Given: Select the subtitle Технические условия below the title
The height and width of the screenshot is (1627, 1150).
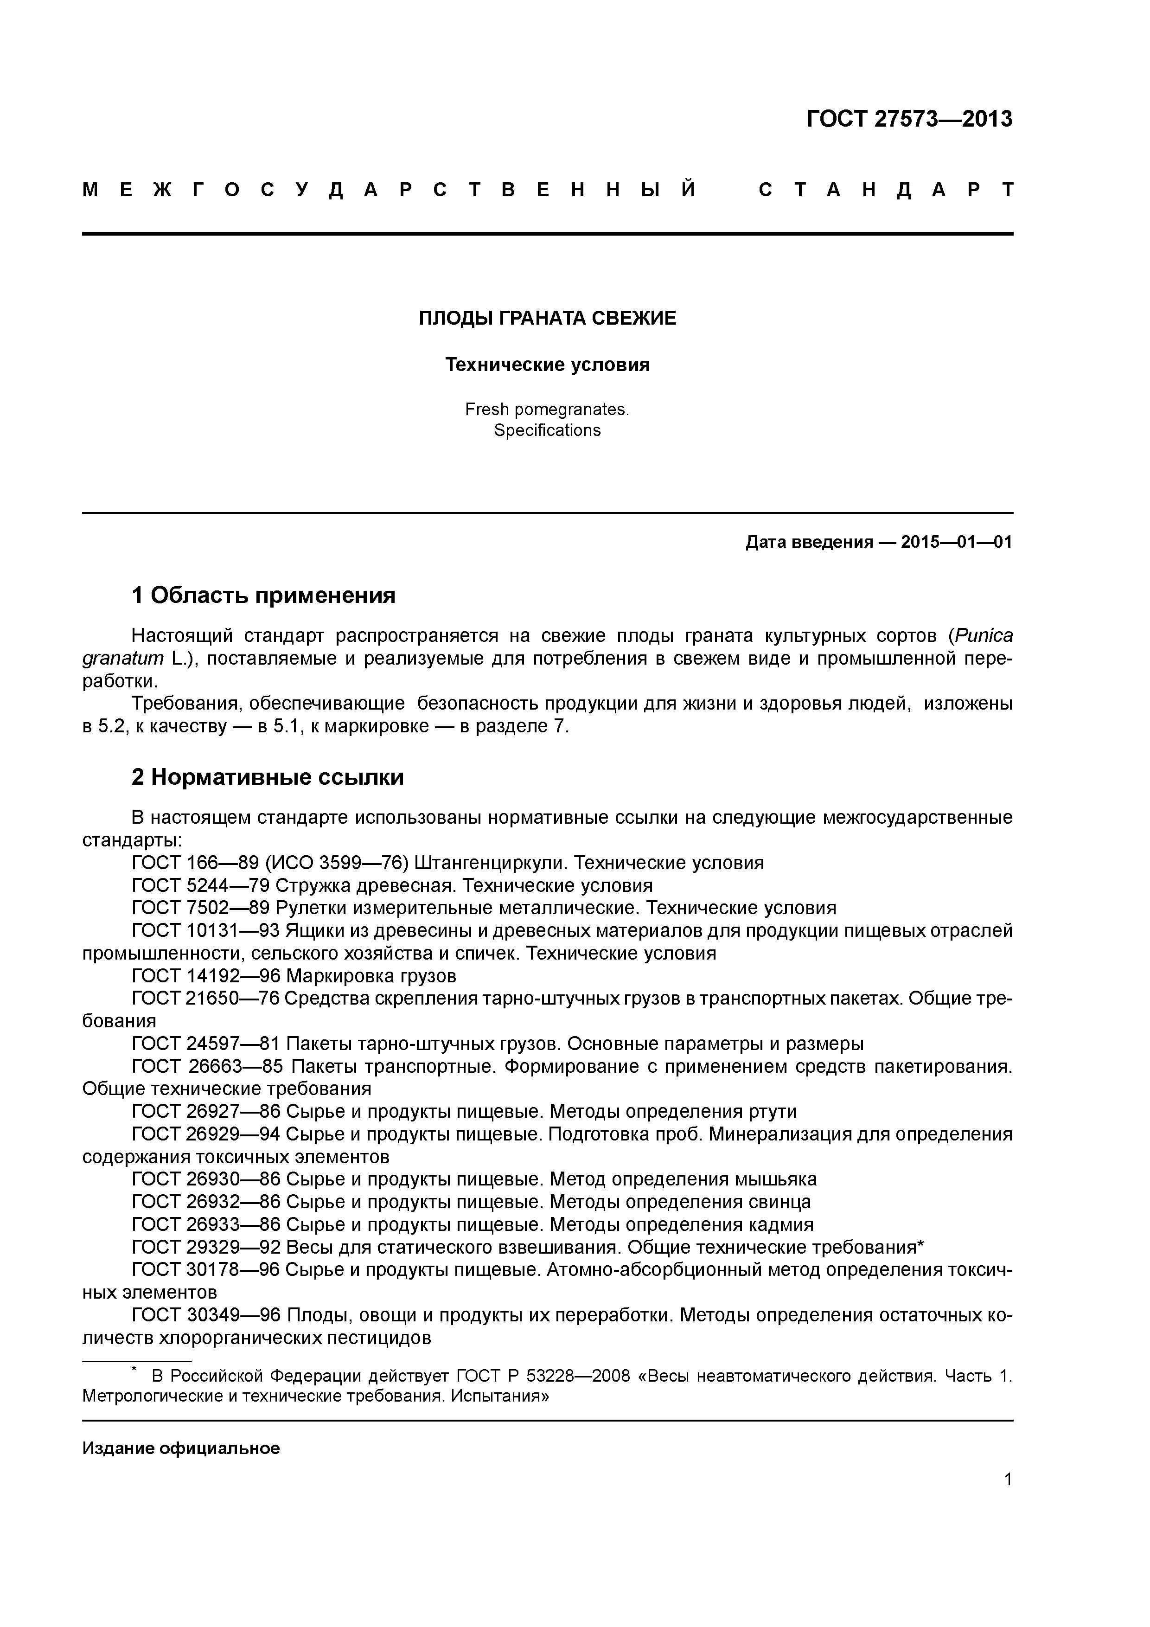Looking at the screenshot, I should (x=547, y=365).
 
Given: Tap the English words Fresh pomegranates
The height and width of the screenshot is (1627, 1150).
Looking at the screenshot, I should (x=547, y=410).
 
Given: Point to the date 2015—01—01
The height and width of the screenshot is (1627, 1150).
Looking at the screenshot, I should (x=957, y=543).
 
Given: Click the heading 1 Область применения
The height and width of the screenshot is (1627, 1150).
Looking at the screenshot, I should (x=263, y=595).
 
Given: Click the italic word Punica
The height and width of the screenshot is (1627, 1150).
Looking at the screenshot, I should (x=984, y=636).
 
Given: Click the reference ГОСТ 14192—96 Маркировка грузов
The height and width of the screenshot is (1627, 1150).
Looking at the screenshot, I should (x=294, y=976).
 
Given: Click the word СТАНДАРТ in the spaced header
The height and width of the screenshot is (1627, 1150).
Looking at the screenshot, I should (x=886, y=190).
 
